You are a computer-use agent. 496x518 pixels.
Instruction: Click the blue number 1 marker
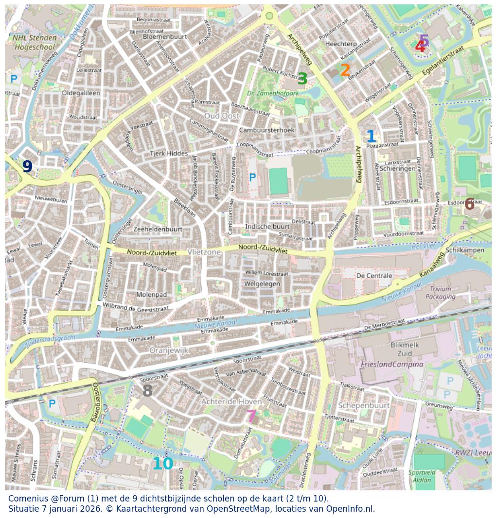[x=371, y=137]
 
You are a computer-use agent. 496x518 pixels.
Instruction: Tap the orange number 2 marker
[x=345, y=70]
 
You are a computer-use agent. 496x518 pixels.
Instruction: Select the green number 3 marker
[x=302, y=79]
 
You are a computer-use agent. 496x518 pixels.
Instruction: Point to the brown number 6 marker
[x=469, y=204]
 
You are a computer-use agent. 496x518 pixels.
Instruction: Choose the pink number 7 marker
[x=251, y=417]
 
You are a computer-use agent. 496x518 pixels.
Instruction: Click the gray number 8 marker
[x=147, y=391]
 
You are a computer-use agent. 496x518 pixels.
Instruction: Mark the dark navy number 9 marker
[x=27, y=167]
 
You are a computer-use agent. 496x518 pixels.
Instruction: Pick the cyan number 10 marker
[x=162, y=464]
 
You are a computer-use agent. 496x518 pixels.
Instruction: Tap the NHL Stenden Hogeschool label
[x=35, y=42]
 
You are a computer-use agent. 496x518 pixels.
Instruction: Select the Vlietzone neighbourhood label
[x=204, y=252]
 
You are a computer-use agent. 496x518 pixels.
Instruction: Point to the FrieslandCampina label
[x=392, y=364]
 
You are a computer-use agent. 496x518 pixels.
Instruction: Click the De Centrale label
[x=374, y=276]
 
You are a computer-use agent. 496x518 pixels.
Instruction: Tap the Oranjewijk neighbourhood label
[x=169, y=350]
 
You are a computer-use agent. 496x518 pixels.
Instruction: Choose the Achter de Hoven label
[x=231, y=401]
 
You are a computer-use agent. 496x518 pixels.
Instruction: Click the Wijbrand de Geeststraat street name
[x=136, y=306]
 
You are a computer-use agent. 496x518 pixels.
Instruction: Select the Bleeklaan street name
[x=185, y=208]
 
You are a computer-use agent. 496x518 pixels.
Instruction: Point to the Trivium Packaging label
[x=440, y=292]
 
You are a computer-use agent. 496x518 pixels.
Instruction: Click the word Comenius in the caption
[x=29, y=499]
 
